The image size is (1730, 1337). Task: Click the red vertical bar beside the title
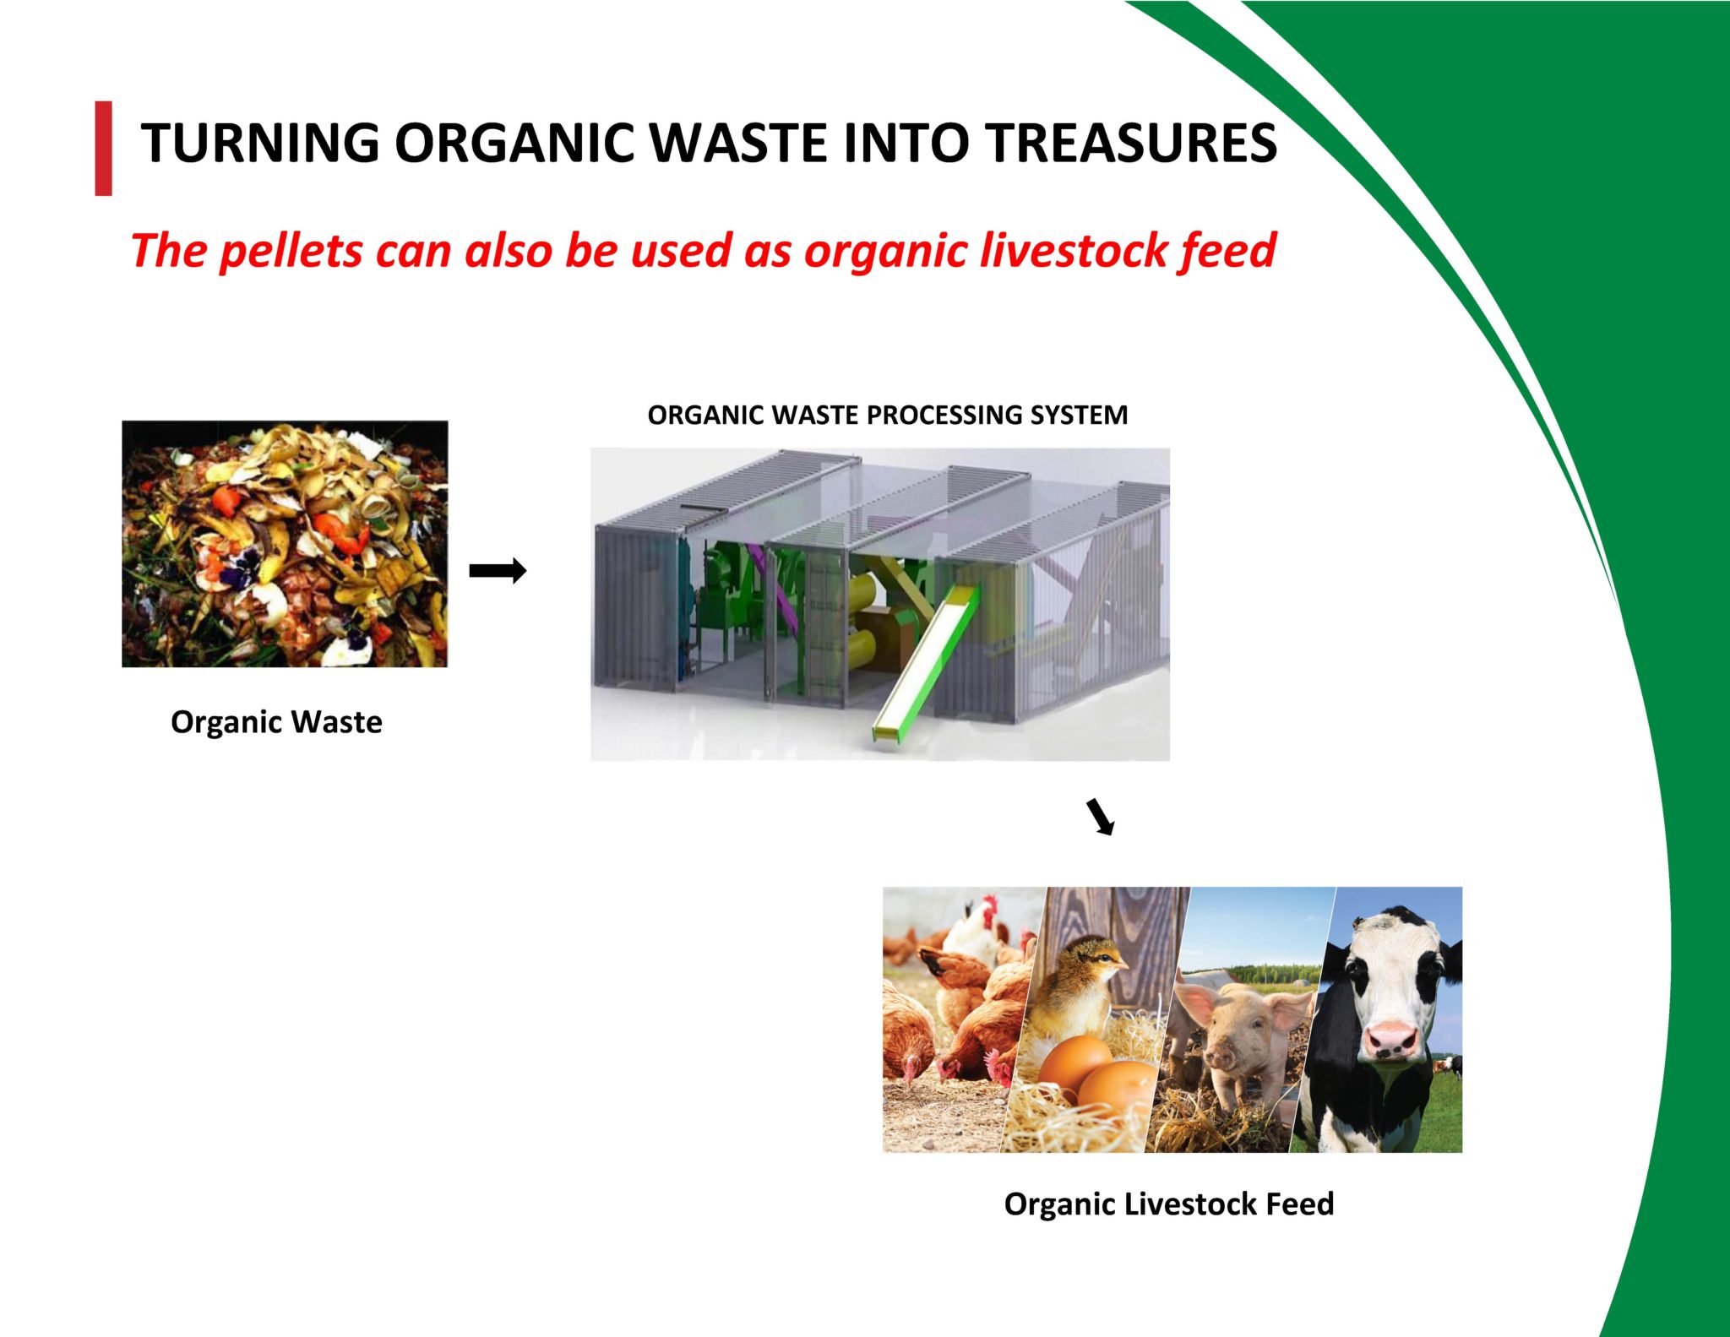pos(103,149)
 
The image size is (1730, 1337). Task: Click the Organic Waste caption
pos(276,722)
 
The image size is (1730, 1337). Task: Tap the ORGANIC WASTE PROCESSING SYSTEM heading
pos(887,415)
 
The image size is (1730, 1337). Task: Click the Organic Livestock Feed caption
pos(1168,1204)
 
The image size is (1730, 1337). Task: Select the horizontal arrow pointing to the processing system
pos(498,571)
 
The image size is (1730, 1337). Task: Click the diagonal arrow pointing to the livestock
pos(1101,817)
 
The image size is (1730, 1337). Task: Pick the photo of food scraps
pos(285,544)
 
